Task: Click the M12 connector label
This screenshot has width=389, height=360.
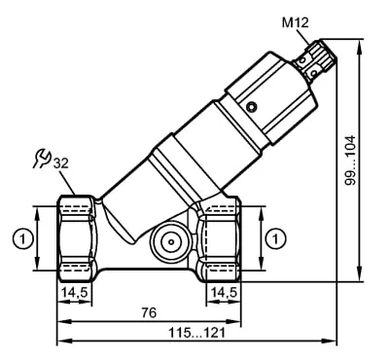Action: [x=295, y=23]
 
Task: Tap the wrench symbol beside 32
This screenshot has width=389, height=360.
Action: [x=43, y=159]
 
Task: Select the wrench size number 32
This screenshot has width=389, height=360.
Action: [x=61, y=163]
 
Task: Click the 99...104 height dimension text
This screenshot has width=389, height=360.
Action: [x=350, y=161]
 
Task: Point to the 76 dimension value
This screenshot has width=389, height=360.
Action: [x=149, y=312]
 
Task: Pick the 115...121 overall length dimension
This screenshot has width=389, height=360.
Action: [x=196, y=333]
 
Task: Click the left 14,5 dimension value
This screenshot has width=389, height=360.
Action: [x=75, y=293]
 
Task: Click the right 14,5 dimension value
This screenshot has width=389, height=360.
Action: [x=224, y=293]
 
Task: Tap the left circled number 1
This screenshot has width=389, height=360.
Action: [x=23, y=239]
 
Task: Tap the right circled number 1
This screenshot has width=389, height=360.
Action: [x=276, y=239]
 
